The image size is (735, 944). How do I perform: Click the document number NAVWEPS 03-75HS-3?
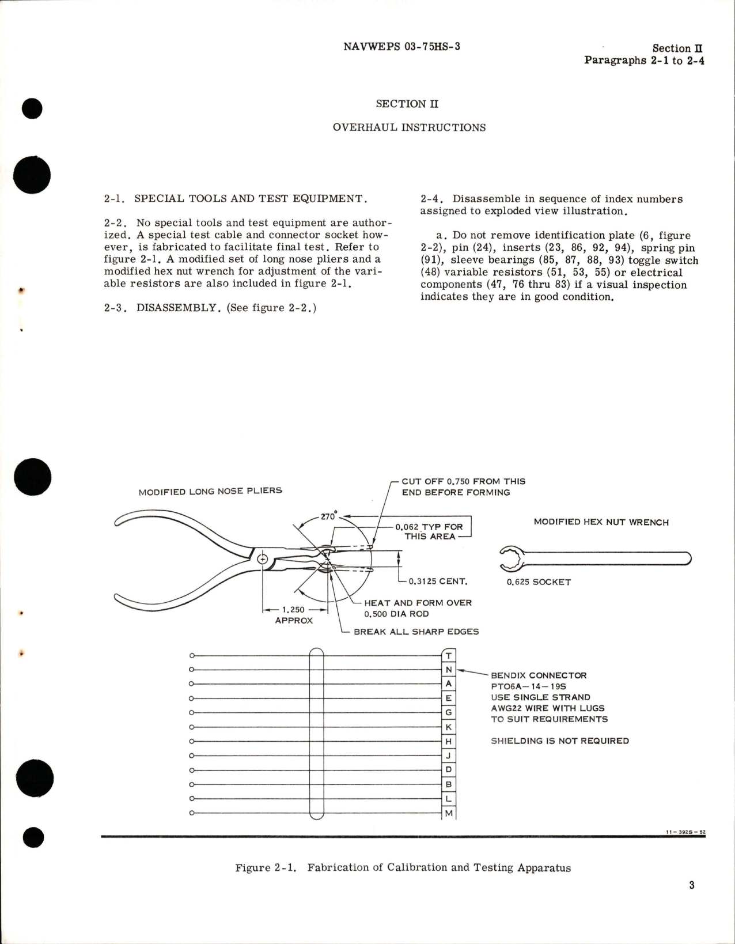[401, 47]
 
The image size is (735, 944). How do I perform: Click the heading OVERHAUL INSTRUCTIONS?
[409, 127]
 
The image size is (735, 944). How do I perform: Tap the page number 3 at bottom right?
[691, 885]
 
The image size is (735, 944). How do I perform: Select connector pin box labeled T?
[449, 655]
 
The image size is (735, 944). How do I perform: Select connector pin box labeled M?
[449, 813]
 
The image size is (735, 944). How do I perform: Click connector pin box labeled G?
[449, 713]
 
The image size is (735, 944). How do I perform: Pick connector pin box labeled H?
[449, 742]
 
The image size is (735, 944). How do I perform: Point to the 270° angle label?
[328, 516]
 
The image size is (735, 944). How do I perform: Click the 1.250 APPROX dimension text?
[294, 615]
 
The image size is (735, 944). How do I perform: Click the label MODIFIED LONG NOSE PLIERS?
[210, 492]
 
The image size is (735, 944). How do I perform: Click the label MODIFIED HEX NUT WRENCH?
[601, 522]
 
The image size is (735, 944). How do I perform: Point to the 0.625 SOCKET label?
[539, 582]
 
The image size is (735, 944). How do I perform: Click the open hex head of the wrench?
[511, 558]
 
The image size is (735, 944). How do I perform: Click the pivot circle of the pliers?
[263, 558]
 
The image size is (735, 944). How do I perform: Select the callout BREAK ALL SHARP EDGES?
[416, 632]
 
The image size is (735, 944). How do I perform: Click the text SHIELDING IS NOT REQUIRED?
[559, 741]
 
